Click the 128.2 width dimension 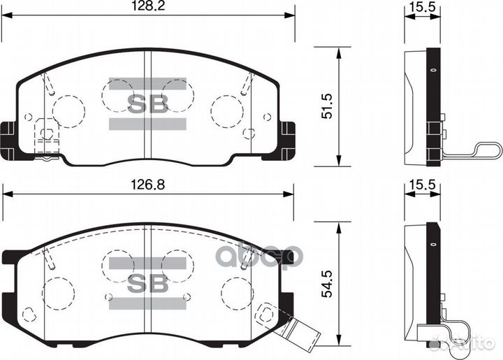coord(147,6)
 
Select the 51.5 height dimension coord(326,104)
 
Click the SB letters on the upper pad coord(147,104)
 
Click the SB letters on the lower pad coord(147,282)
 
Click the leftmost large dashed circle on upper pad coord(68,109)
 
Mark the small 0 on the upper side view coord(433,71)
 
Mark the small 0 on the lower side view coord(433,245)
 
